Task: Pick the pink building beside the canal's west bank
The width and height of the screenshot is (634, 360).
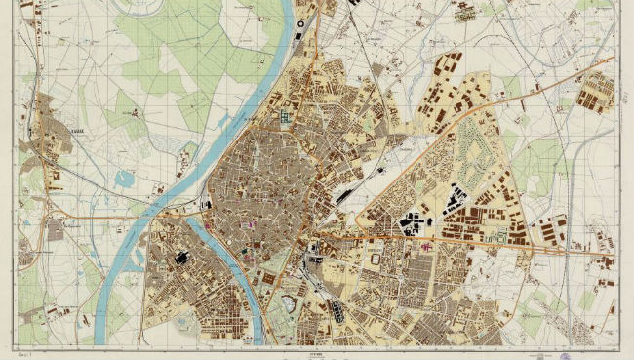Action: tap(207, 225)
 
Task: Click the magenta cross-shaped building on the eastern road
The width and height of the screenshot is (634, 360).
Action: tap(425, 246)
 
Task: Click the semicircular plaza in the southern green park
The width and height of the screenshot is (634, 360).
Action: tap(290, 301)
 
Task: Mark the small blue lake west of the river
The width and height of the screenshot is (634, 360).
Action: tap(126, 179)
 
